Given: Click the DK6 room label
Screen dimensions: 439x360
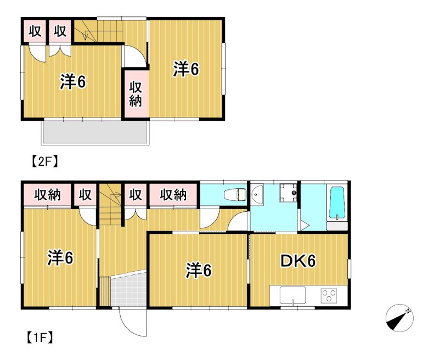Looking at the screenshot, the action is tap(298, 261).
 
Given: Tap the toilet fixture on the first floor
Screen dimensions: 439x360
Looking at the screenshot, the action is tap(236, 194).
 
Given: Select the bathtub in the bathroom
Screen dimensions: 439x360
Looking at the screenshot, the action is tap(337, 203).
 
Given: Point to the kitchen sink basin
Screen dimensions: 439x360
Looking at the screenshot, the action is tap(292, 295).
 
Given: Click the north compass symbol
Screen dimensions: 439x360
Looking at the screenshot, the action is tap(399, 318).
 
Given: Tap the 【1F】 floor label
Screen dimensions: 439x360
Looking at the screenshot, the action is tap(40, 338).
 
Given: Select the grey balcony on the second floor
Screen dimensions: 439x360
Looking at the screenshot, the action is tap(95, 133).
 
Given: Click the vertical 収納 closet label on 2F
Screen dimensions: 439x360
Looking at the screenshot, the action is tap(136, 94).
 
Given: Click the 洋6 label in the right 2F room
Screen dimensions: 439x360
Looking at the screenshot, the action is tap(186, 69).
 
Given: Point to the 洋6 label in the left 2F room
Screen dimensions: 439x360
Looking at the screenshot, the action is tap(73, 82).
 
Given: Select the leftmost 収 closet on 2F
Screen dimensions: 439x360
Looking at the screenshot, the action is tap(35, 31).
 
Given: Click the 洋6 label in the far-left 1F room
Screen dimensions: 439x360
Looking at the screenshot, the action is tap(60, 258).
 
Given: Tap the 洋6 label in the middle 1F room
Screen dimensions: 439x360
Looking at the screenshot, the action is tap(198, 271).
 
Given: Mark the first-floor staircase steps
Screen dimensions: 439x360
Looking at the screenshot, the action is tap(111, 204).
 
